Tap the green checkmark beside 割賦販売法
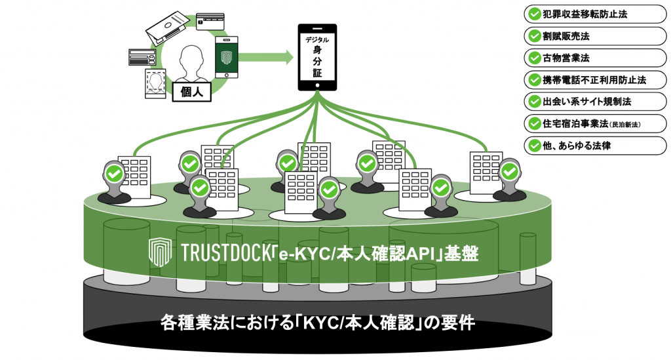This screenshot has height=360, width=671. pos(534,35)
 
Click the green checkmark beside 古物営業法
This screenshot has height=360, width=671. pos(534,58)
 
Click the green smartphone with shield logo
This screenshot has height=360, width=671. pos(227,57)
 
